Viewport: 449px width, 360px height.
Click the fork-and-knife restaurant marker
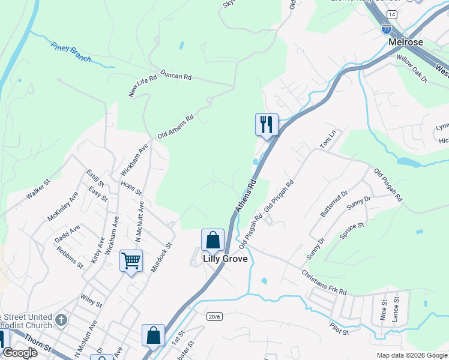(x=266, y=125)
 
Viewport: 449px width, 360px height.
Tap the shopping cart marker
(x=131, y=260)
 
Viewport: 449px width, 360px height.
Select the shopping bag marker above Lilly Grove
(x=212, y=240)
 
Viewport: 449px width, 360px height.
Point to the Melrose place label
(x=406, y=43)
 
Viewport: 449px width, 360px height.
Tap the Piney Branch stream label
(x=71, y=52)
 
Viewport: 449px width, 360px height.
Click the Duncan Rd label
(x=175, y=77)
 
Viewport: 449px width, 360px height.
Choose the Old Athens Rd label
(x=175, y=127)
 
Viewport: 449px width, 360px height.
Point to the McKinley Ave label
(x=63, y=206)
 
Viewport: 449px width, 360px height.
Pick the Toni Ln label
(x=325, y=142)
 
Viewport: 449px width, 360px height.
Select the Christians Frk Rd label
(x=324, y=282)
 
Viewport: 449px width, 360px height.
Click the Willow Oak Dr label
(x=411, y=68)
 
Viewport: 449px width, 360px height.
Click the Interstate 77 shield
(x=387, y=28)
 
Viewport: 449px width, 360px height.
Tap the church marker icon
(x=60, y=320)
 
